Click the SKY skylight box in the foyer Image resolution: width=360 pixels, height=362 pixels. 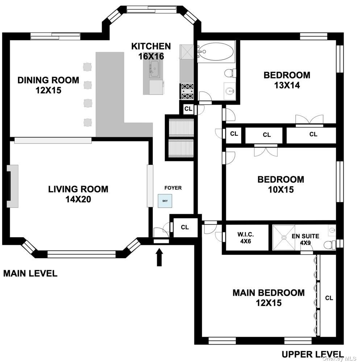(165, 201)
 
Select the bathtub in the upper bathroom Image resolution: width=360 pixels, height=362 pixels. (216, 52)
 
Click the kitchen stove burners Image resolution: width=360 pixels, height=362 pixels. (187, 91)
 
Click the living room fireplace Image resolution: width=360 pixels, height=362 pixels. (13, 186)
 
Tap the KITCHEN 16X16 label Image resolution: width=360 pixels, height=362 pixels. (151, 51)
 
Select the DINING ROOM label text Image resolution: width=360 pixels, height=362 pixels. (48, 80)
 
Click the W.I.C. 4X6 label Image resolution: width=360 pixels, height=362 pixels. (246, 238)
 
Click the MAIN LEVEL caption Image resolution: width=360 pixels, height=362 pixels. (30, 274)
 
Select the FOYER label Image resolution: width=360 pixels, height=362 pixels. (173, 188)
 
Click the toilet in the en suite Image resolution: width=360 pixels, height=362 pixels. (330, 245)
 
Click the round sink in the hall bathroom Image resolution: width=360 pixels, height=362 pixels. (230, 91)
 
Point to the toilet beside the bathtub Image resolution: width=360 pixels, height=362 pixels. (230, 73)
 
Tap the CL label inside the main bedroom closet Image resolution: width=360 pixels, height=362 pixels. (329, 298)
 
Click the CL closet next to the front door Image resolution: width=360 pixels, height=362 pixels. (185, 227)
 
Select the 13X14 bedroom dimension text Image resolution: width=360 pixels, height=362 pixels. (287, 85)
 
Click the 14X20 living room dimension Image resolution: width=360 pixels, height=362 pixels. (78, 199)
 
